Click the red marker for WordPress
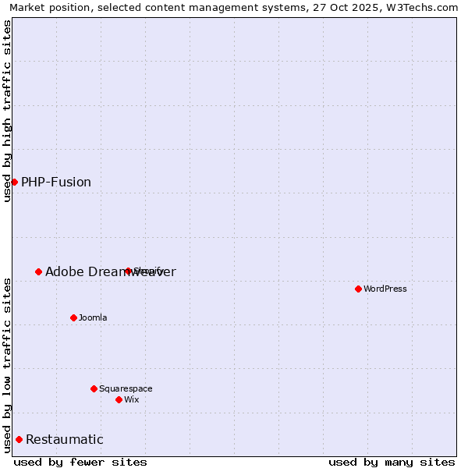click(358, 289)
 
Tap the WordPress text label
click(385, 289)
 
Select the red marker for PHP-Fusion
click(14, 182)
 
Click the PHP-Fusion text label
click(56, 183)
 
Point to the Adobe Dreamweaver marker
click(38, 271)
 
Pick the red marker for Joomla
click(73, 317)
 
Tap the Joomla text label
click(93, 317)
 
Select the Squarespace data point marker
click(94, 388)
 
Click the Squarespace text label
click(126, 388)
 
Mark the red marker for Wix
click(119, 399)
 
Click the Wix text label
click(132, 399)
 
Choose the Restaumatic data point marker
click(19, 439)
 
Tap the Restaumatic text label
click(65, 440)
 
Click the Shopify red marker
click(128, 271)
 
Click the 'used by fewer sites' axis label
click(80, 462)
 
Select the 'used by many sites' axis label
click(392, 462)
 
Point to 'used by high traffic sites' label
click(7, 111)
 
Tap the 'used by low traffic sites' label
click(7, 365)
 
